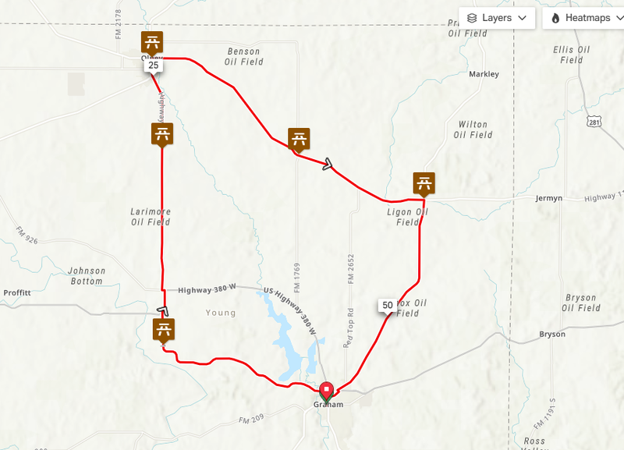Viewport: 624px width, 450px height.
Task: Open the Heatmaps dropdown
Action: [582, 17]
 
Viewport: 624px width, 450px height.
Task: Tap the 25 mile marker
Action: [153, 66]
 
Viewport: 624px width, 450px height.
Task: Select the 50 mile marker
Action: [388, 304]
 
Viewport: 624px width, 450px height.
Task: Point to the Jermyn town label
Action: [548, 199]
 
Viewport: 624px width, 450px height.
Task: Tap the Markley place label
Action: [484, 75]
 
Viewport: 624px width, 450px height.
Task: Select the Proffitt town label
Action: [16, 293]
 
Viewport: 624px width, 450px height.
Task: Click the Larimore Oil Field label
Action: [151, 217]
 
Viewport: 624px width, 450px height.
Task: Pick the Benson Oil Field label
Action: [242, 56]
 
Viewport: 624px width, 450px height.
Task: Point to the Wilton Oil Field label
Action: [473, 129]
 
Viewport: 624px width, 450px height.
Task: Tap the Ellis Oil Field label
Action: [571, 55]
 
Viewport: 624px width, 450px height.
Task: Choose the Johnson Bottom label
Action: [86, 276]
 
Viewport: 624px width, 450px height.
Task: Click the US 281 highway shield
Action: [594, 122]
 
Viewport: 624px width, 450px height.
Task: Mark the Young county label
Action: [221, 313]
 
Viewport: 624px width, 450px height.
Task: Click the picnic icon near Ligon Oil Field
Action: [424, 184]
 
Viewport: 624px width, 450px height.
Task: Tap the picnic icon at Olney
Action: [152, 43]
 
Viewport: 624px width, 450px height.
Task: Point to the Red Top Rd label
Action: [349, 321]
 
